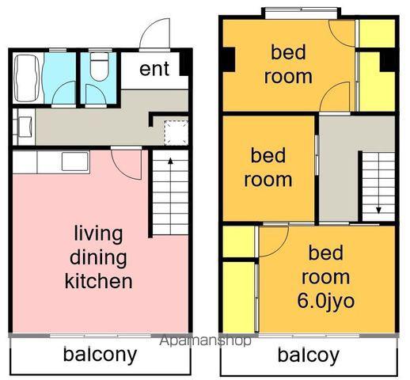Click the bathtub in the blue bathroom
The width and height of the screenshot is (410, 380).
(27, 78)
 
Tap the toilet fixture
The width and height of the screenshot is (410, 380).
(99, 66)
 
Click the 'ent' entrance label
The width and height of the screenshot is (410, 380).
(154, 69)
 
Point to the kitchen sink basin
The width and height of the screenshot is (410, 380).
(75, 161)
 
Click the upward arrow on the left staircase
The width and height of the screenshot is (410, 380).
(171, 196)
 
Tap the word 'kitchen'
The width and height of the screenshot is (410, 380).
(99, 281)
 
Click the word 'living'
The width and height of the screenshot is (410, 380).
(98, 234)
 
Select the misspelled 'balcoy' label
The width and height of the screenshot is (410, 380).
(309, 355)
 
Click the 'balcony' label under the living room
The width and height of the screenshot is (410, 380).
(100, 355)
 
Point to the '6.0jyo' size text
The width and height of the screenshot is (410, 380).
(325, 302)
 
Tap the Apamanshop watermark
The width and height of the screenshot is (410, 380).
(206, 340)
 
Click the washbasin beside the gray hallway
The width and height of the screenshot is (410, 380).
(25, 127)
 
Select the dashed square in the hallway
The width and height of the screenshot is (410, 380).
(176, 132)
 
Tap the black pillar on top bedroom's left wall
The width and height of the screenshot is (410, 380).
(229, 59)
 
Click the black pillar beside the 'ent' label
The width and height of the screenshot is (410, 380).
(184, 64)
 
